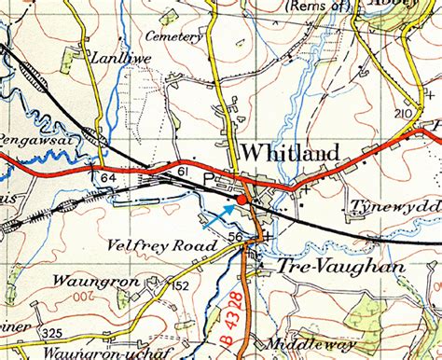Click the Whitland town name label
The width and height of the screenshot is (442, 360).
[x=284, y=152]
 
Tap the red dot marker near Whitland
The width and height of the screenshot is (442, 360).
[x=242, y=200]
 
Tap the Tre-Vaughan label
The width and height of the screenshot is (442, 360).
[x=328, y=267]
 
